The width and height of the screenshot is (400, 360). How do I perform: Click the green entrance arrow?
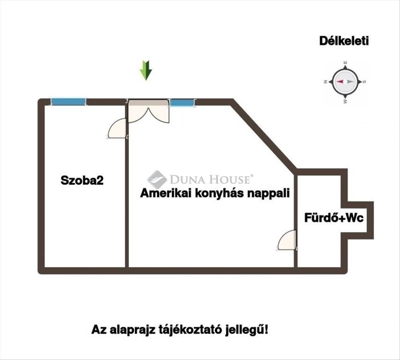(x=146, y=70)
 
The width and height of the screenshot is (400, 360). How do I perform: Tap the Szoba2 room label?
(x=82, y=180)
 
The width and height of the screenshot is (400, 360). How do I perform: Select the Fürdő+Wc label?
(x=334, y=218)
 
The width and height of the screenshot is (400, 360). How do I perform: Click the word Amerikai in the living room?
(x=166, y=193)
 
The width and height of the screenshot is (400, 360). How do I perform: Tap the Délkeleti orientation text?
(x=344, y=41)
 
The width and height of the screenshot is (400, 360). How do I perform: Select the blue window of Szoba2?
(x=68, y=102)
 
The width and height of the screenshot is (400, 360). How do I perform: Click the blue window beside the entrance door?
(x=182, y=103)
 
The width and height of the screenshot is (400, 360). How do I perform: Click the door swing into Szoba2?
(x=117, y=129)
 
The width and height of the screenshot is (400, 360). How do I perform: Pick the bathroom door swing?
(x=287, y=240)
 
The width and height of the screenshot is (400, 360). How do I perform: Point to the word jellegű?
(x=246, y=330)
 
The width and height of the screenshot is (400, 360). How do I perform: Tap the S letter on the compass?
(x=364, y=82)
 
